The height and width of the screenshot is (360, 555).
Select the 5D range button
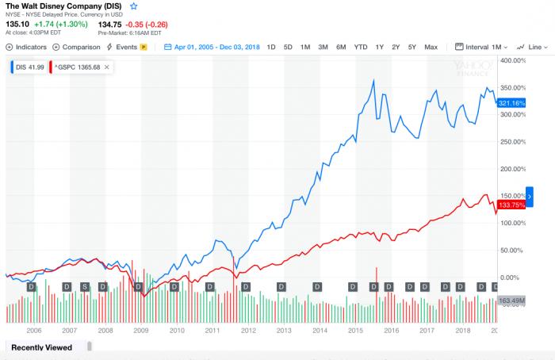(x=288, y=47)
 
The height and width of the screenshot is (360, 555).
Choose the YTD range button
(x=360, y=47)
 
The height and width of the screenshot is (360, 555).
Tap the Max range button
(x=431, y=47)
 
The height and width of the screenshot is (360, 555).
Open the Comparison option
(x=76, y=47)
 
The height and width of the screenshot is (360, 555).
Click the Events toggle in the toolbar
(x=127, y=47)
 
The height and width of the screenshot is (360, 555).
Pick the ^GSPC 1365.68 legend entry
(x=79, y=67)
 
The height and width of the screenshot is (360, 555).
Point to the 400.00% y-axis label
(x=515, y=60)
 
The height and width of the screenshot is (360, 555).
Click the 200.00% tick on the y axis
(x=515, y=169)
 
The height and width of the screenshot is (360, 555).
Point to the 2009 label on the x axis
(x=140, y=331)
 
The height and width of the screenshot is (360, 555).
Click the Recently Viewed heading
(x=41, y=347)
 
